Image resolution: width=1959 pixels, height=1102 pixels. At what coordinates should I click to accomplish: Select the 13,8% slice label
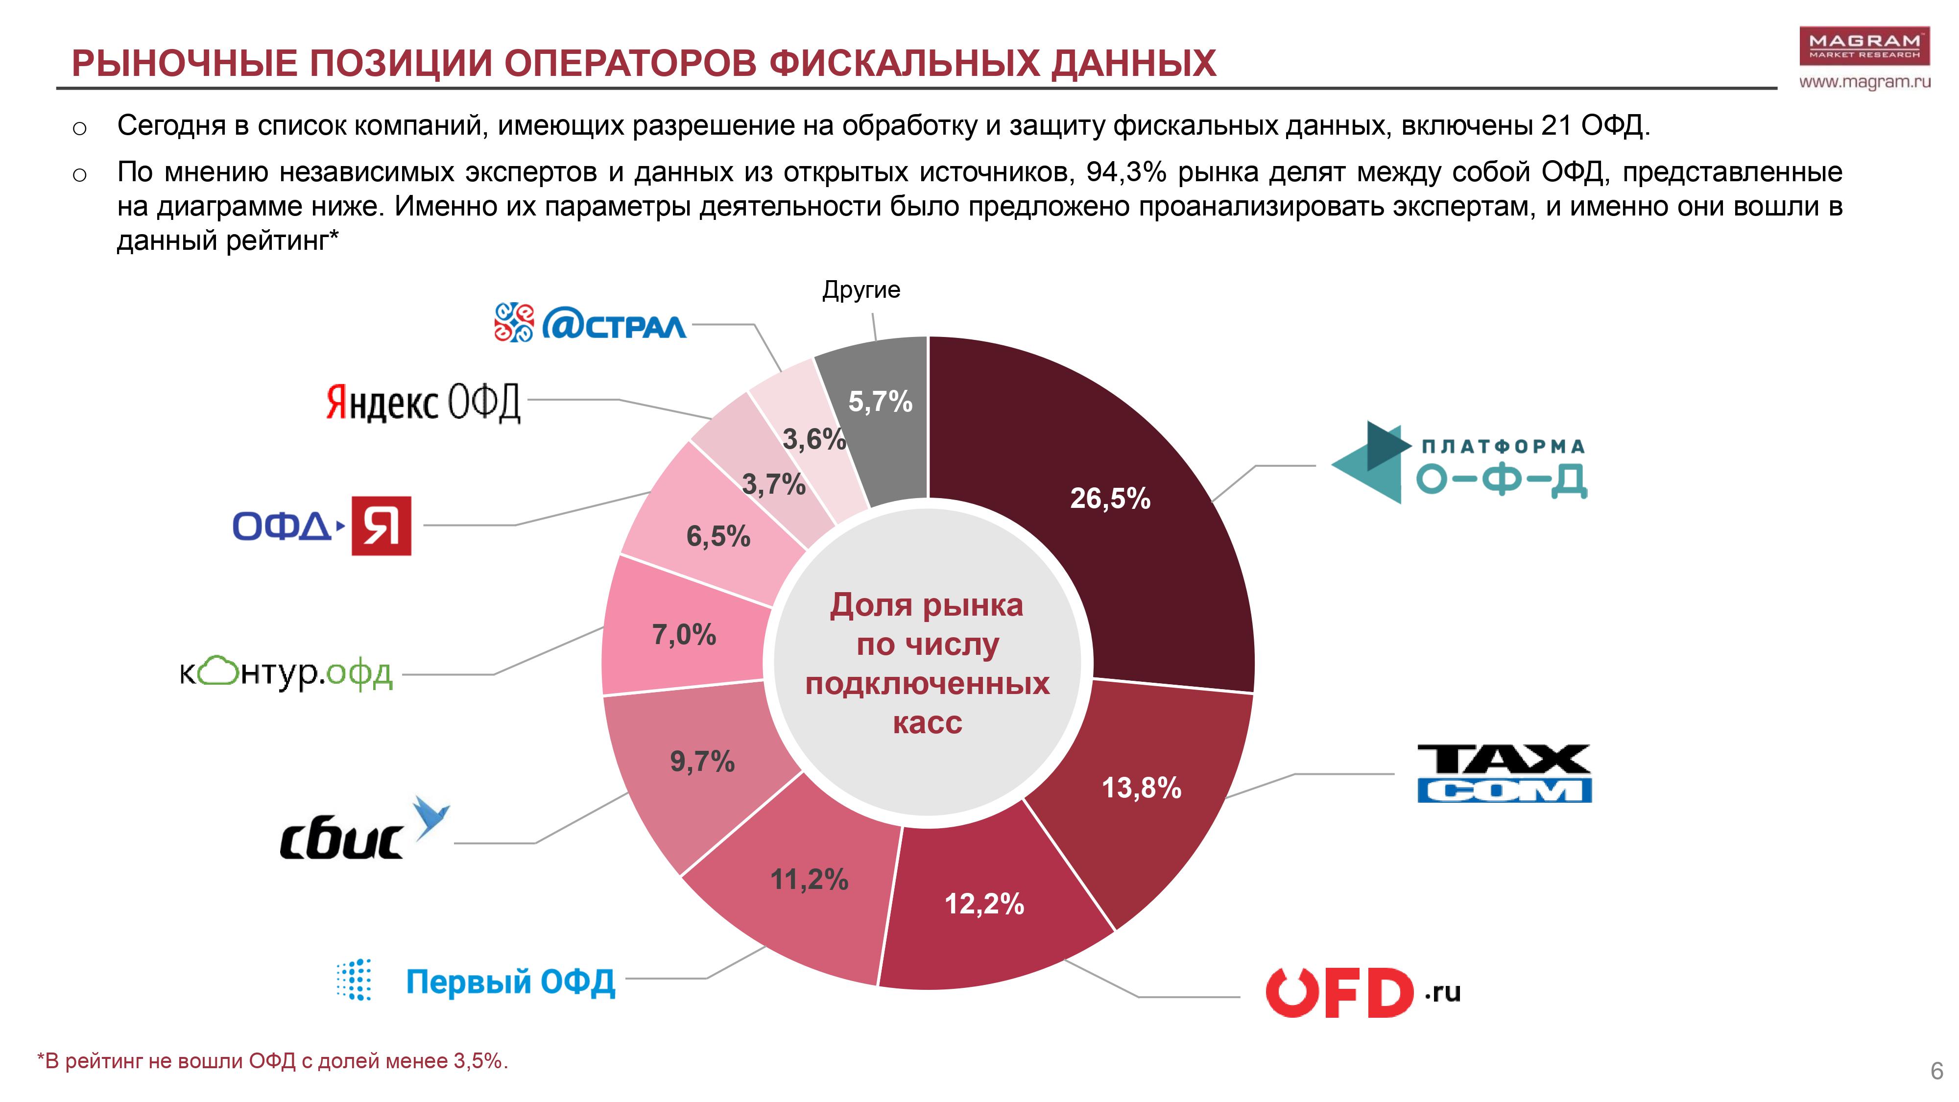[x=1141, y=788]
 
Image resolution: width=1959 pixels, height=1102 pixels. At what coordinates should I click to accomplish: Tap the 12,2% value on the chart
[x=984, y=904]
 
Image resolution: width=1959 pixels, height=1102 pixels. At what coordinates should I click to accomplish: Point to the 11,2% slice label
[x=809, y=880]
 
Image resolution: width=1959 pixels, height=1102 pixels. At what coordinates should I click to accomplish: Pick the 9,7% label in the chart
[x=702, y=761]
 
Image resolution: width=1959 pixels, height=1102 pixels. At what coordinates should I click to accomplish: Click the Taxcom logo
[x=1504, y=773]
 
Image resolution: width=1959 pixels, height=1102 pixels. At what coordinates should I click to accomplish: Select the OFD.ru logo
[x=1362, y=992]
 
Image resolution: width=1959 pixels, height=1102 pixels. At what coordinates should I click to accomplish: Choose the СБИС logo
[x=363, y=832]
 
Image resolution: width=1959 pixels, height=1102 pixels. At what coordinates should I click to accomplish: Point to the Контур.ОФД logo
[x=286, y=672]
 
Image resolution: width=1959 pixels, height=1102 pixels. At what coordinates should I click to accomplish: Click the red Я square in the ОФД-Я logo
[x=381, y=526]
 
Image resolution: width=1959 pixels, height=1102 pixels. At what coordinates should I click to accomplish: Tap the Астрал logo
[x=589, y=323]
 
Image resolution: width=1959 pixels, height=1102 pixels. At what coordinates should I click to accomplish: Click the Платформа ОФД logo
[x=1458, y=462]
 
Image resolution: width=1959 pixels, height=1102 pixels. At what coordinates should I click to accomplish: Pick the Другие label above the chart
[x=861, y=290]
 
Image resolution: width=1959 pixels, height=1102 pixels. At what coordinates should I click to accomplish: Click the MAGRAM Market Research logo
[x=1864, y=46]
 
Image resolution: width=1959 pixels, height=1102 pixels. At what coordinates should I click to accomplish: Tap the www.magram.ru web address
[x=1864, y=81]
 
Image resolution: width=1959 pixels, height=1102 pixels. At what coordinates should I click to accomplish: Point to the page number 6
[x=1936, y=1071]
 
